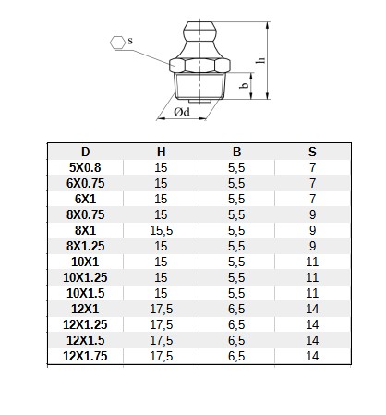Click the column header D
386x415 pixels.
point(85,152)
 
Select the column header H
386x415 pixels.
point(162,152)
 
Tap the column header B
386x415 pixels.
point(236,152)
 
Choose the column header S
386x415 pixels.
point(312,152)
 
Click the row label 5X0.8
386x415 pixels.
point(85,167)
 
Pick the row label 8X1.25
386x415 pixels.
point(85,246)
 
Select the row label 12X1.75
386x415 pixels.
point(85,356)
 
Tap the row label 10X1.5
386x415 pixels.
point(85,293)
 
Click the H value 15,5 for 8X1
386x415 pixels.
point(162,230)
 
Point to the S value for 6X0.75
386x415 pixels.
point(312,183)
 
